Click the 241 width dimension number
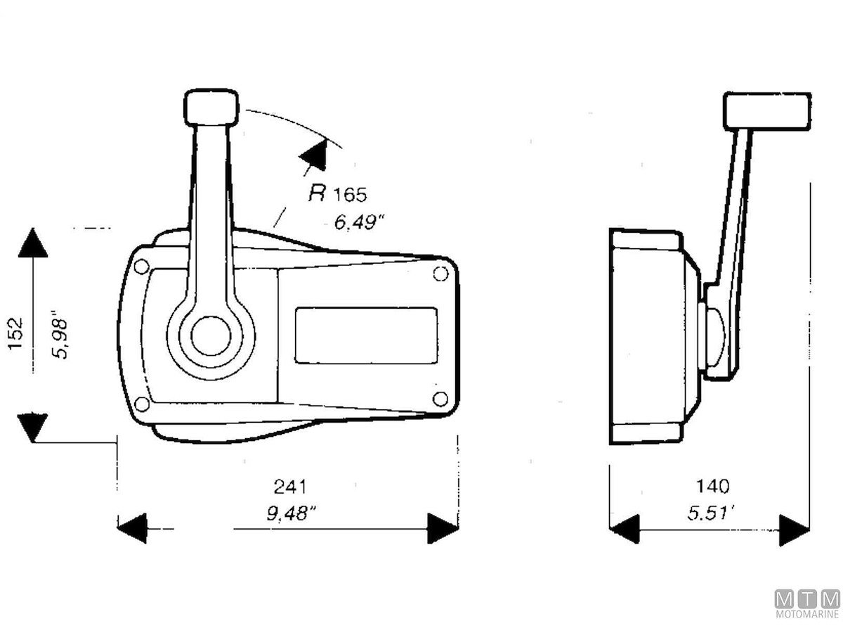point(290,487)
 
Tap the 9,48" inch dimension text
point(291,513)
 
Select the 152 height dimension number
point(15,333)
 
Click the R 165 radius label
point(338,193)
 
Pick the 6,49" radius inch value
point(359,222)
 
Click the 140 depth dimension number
point(712,487)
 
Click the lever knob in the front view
point(211,107)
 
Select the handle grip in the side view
point(767,110)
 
